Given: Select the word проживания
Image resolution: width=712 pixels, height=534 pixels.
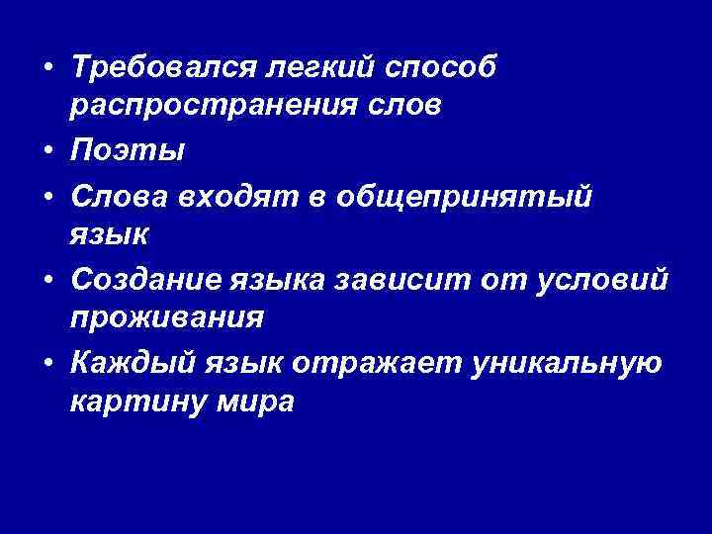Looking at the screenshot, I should point(167,319).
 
